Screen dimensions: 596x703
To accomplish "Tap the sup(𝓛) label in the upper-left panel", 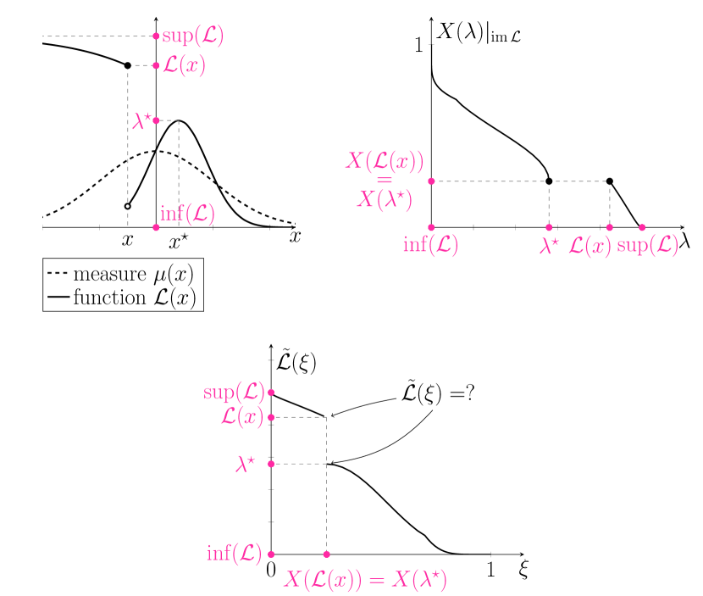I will pyautogui.click(x=193, y=36).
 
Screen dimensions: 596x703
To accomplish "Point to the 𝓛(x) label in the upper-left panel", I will pyautogui.click(x=184, y=66).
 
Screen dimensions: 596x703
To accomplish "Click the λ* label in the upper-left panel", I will pyautogui.click(x=141, y=121).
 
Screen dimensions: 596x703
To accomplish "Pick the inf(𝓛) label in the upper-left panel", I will pyautogui.click(x=187, y=214).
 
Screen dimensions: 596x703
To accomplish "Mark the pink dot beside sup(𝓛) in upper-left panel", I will pyautogui.click(x=156, y=36).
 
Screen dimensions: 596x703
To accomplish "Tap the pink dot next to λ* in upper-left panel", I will pyautogui.click(x=156, y=120).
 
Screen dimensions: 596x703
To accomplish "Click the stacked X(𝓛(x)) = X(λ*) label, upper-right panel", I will pyautogui.click(x=385, y=180).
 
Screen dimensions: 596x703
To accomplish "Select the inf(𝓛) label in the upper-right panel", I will pyautogui.click(x=430, y=246).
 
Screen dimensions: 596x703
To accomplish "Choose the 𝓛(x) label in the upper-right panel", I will pyautogui.click(x=589, y=246).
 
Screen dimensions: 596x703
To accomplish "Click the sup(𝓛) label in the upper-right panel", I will pyautogui.click(x=648, y=246).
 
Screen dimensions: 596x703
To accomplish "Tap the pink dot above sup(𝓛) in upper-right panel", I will pyautogui.click(x=642, y=227).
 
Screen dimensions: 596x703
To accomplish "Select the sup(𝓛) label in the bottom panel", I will pyautogui.click(x=234, y=393).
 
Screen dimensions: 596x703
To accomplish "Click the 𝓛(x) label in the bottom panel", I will pyautogui.click(x=241, y=417).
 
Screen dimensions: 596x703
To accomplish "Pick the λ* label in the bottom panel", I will pyautogui.click(x=245, y=464).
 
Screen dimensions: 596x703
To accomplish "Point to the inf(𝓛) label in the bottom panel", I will pyautogui.click(x=234, y=554).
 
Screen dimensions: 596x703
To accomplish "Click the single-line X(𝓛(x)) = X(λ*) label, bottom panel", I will pyautogui.click(x=365, y=579).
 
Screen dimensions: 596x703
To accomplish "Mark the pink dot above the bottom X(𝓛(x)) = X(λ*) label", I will pyautogui.click(x=326, y=554).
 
